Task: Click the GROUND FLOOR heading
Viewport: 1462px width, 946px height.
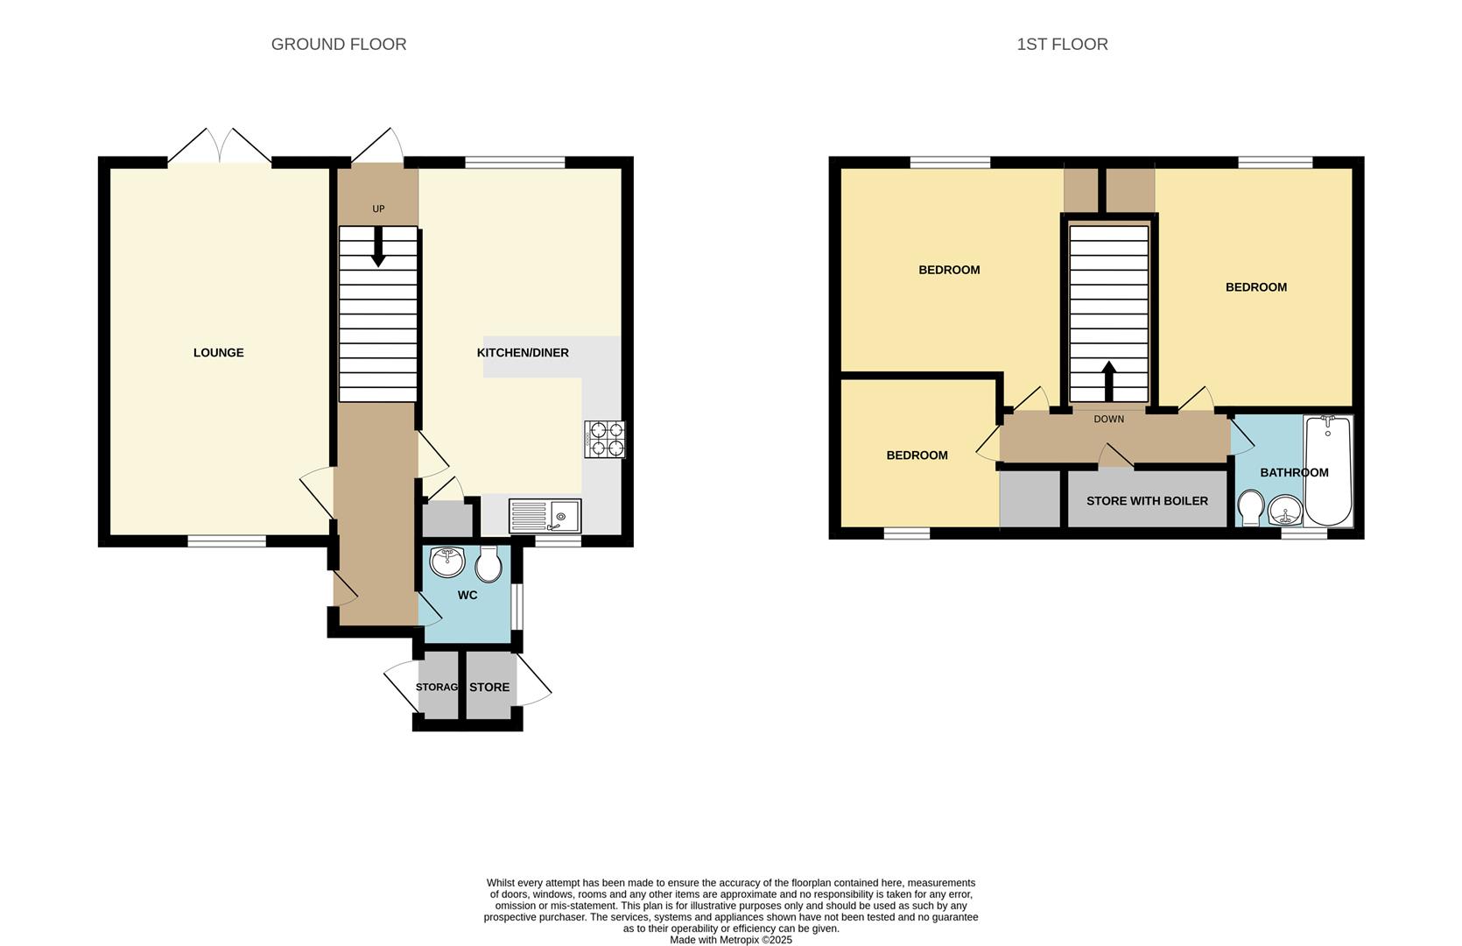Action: pyautogui.click(x=339, y=44)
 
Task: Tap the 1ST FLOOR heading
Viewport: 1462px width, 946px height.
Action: pyautogui.click(x=1062, y=44)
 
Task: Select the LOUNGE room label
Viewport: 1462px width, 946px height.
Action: pyautogui.click(x=218, y=352)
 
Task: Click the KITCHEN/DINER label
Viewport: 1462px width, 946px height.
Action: pyautogui.click(x=523, y=352)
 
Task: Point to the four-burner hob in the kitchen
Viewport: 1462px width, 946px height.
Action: pyautogui.click(x=605, y=439)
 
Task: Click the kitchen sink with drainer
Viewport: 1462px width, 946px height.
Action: pyautogui.click(x=545, y=515)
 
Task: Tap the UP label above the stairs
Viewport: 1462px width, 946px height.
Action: pyautogui.click(x=378, y=208)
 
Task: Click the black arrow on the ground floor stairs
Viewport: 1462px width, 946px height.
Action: pyautogui.click(x=378, y=248)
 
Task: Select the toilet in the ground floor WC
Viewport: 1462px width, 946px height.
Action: pyautogui.click(x=489, y=564)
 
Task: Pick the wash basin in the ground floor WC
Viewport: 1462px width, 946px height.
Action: pyautogui.click(x=447, y=561)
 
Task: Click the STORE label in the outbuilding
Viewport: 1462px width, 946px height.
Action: pyautogui.click(x=489, y=687)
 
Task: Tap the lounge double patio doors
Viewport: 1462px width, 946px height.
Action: pyautogui.click(x=220, y=147)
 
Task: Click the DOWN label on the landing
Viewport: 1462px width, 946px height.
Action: pyautogui.click(x=1108, y=419)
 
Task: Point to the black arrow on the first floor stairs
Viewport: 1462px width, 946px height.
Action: pyautogui.click(x=1108, y=379)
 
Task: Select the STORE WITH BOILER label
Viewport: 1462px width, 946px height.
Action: pyautogui.click(x=1147, y=501)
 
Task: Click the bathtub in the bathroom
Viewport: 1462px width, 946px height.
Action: pyautogui.click(x=1328, y=470)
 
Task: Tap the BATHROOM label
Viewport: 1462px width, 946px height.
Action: pyautogui.click(x=1294, y=472)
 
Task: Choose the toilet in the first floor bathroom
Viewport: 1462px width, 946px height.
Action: pyautogui.click(x=1251, y=508)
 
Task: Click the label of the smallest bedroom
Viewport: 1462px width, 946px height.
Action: pyautogui.click(x=917, y=455)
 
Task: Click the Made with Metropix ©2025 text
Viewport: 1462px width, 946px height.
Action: pyautogui.click(x=731, y=940)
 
